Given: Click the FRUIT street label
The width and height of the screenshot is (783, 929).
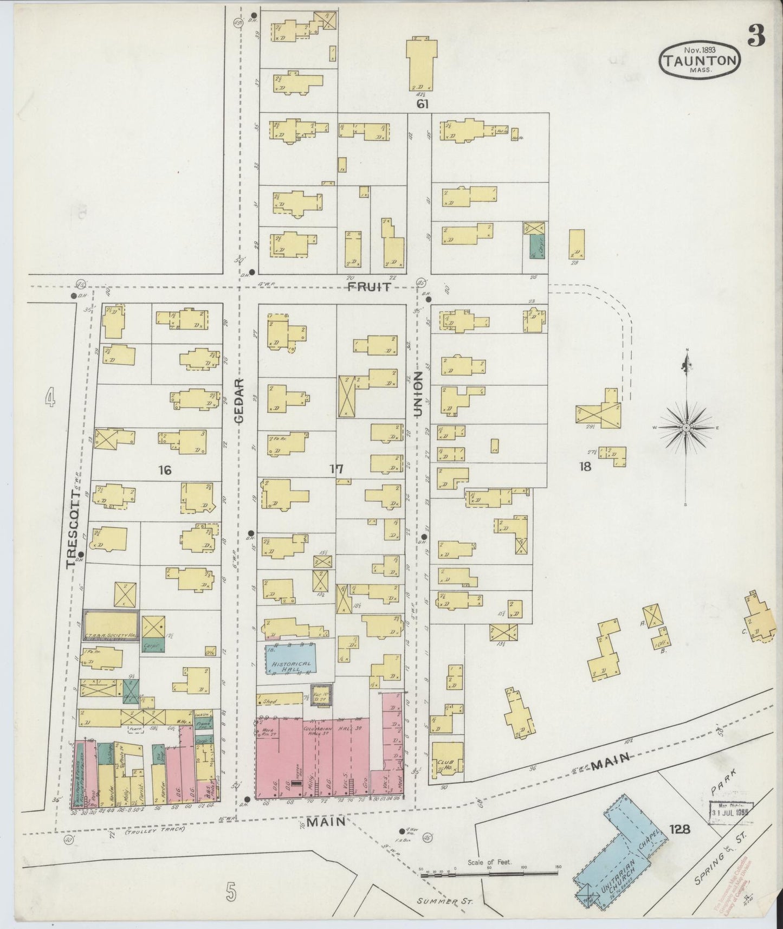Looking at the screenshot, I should point(369,287).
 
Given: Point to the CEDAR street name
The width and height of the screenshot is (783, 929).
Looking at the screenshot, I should point(240,401).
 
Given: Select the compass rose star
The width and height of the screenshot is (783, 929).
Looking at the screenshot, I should point(686,428).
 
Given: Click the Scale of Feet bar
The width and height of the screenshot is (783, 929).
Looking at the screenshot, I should point(489,873).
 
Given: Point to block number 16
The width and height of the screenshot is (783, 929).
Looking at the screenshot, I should point(165,470).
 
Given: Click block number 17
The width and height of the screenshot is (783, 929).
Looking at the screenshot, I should point(337,469).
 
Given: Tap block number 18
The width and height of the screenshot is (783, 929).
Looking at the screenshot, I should point(585,466).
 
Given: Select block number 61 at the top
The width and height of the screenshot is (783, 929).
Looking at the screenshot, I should point(422,104).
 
